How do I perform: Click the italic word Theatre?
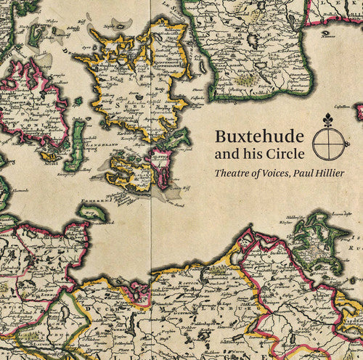233,173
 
